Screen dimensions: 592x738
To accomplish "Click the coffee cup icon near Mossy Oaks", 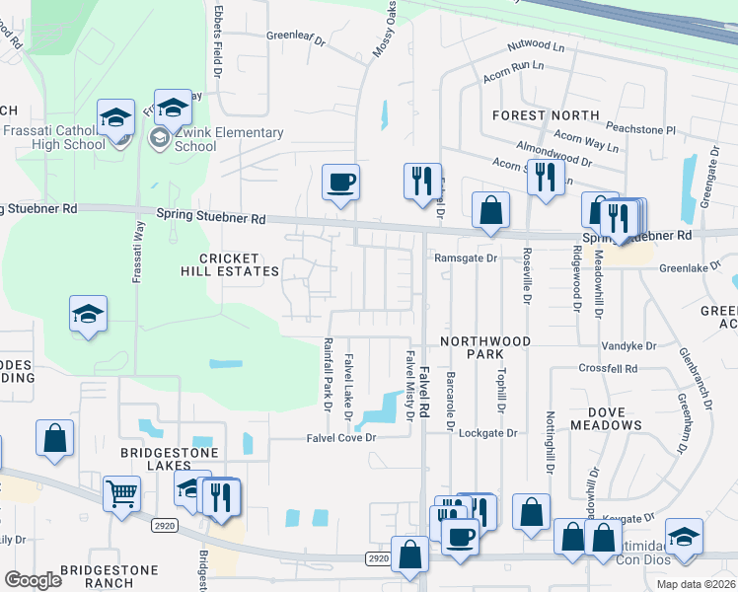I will click(340, 183).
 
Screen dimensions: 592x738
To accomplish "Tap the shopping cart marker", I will click(121, 493).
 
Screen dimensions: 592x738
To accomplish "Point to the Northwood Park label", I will click(485, 347).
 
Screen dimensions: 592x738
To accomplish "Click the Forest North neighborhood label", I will click(546, 115).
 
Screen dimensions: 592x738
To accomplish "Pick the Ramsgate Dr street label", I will click(464, 258).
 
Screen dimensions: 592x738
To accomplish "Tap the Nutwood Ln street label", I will click(536, 46).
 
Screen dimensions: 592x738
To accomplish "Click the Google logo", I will click(33, 580).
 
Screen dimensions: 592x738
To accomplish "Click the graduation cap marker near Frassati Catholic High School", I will click(115, 118).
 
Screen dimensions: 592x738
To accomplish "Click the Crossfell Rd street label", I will click(609, 368).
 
